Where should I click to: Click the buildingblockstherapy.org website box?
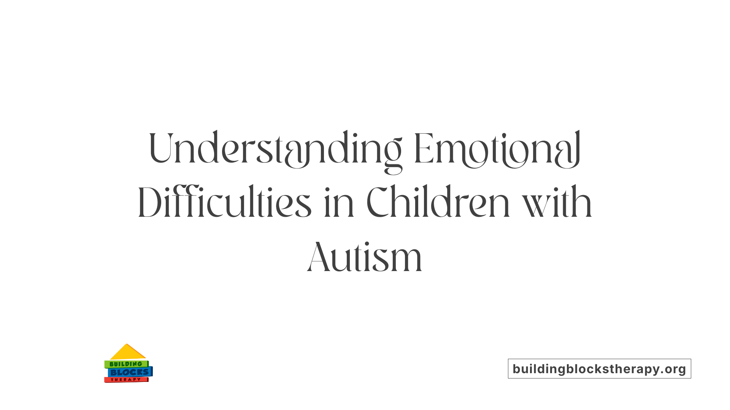(x=599, y=369)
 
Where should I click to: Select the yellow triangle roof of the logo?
(x=127, y=353)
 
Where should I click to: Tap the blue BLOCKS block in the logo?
(x=130, y=372)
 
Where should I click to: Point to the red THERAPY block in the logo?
(x=126, y=380)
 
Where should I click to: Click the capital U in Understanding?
(x=161, y=148)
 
